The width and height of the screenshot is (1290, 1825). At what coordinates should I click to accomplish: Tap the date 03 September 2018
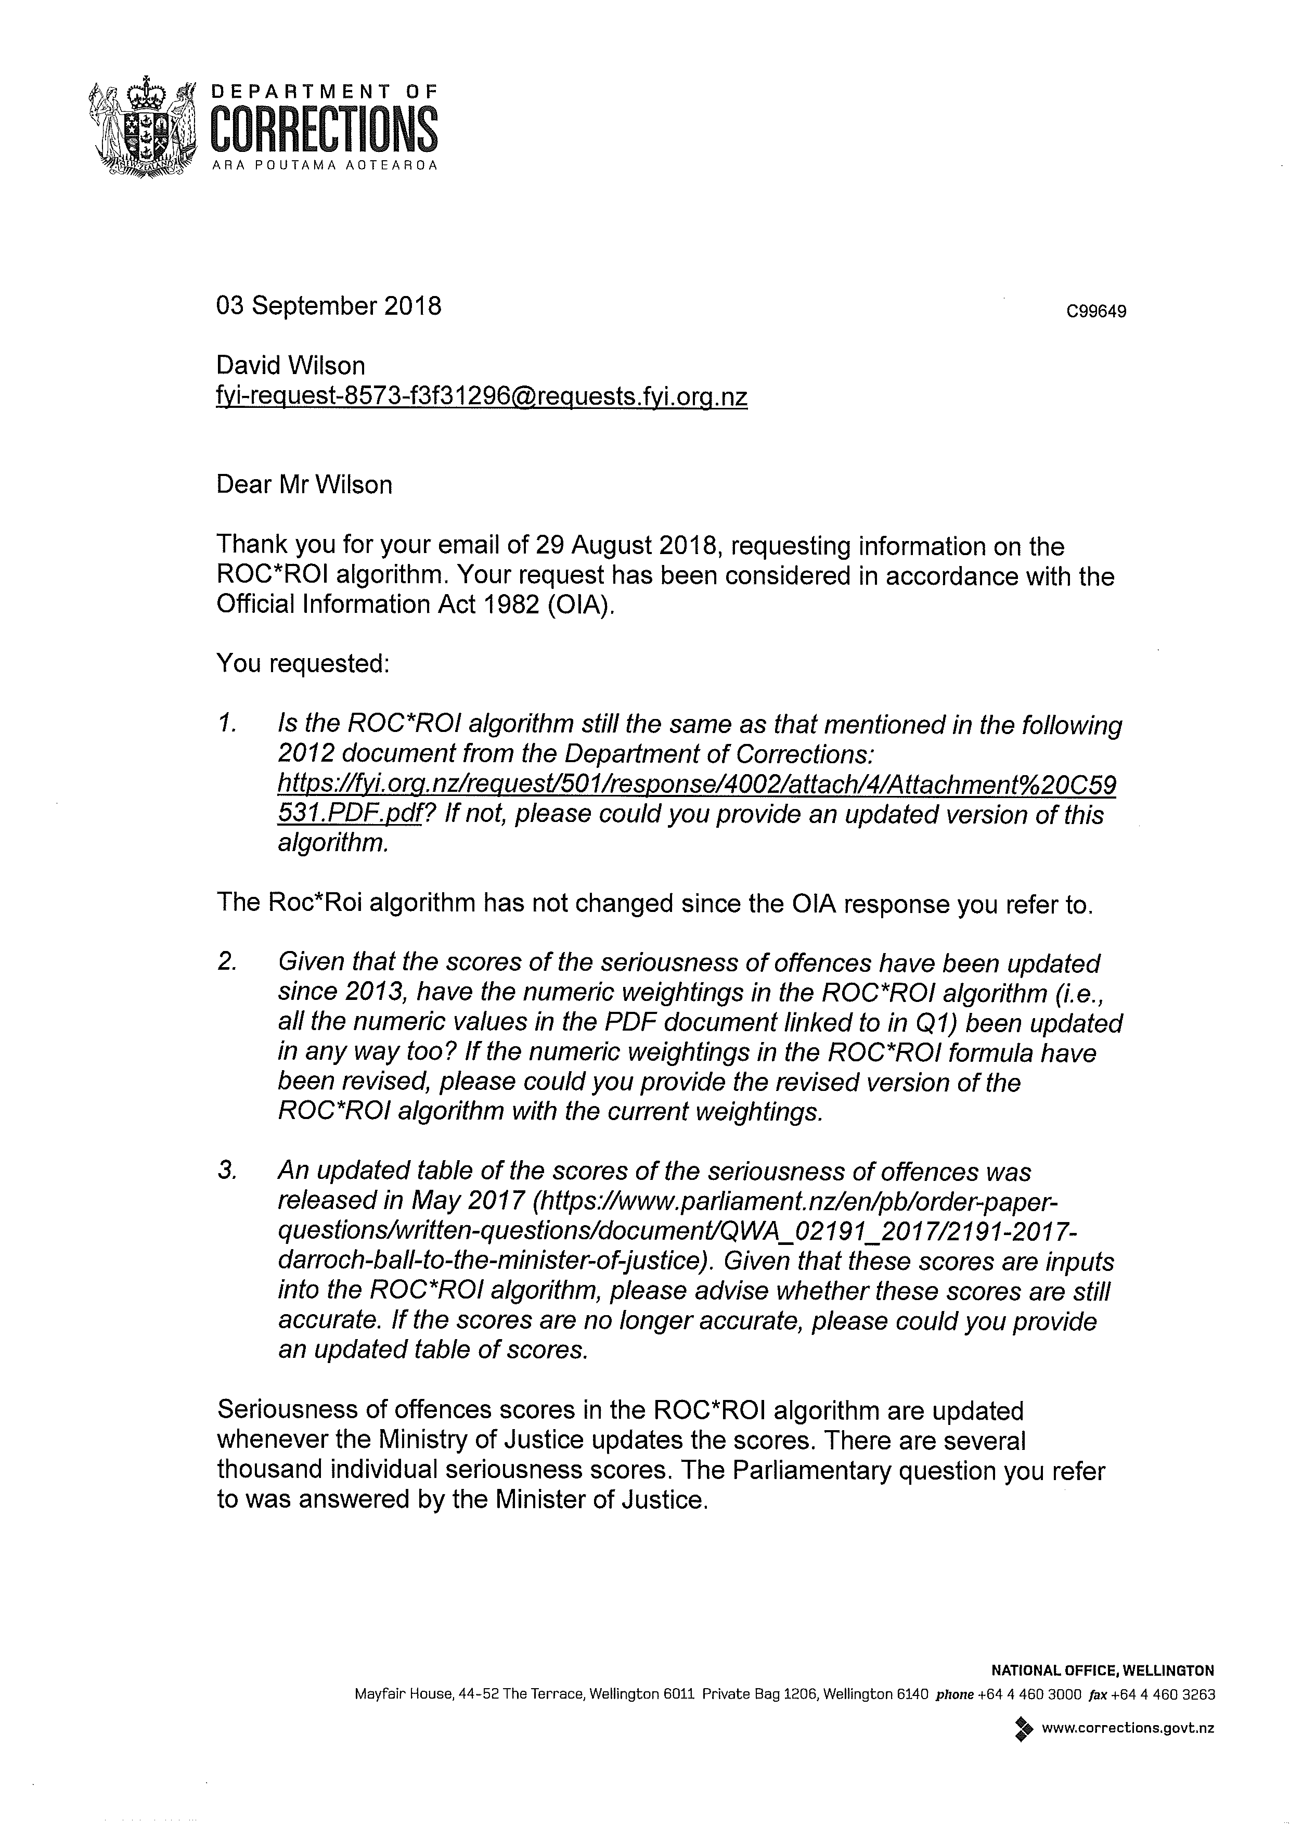click(328, 306)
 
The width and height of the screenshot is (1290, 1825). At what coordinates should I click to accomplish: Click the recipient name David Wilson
click(290, 366)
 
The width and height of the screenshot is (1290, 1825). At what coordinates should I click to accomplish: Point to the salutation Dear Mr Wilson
click(304, 485)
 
